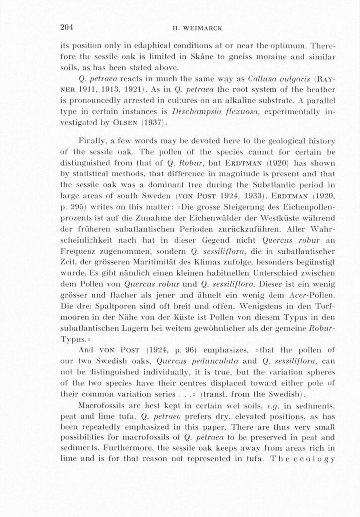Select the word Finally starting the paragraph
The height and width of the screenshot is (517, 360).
[x=91, y=142]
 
